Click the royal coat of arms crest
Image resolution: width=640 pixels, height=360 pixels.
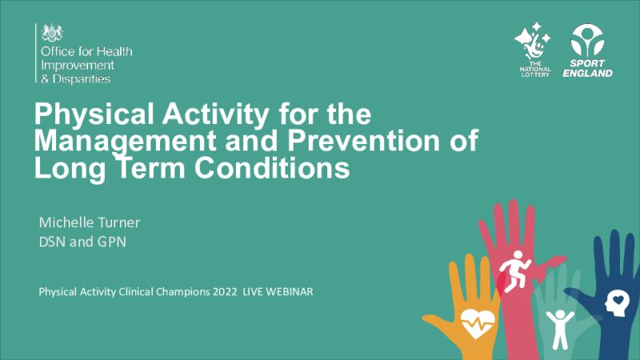click(x=52, y=33)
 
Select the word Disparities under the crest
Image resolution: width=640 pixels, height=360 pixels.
click(x=82, y=78)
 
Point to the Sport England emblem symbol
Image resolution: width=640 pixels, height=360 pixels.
click(x=587, y=41)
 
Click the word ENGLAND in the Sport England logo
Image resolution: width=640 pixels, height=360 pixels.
click(x=588, y=74)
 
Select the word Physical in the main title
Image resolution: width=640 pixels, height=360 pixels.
click(x=95, y=114)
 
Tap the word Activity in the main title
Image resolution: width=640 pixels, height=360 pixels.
click(x=215, y=114)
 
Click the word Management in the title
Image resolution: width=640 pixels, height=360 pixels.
click(x=126, y=142)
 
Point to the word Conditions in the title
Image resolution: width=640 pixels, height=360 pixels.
click(x=272, y=168)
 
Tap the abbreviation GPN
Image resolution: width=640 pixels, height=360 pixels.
click(x=111, y=242)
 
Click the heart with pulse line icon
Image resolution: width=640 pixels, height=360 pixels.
click(x=477, y=323)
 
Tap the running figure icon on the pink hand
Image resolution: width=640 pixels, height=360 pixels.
click(x=514, y=271)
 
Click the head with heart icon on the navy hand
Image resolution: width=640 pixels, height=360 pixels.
click(x=618, y=303)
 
